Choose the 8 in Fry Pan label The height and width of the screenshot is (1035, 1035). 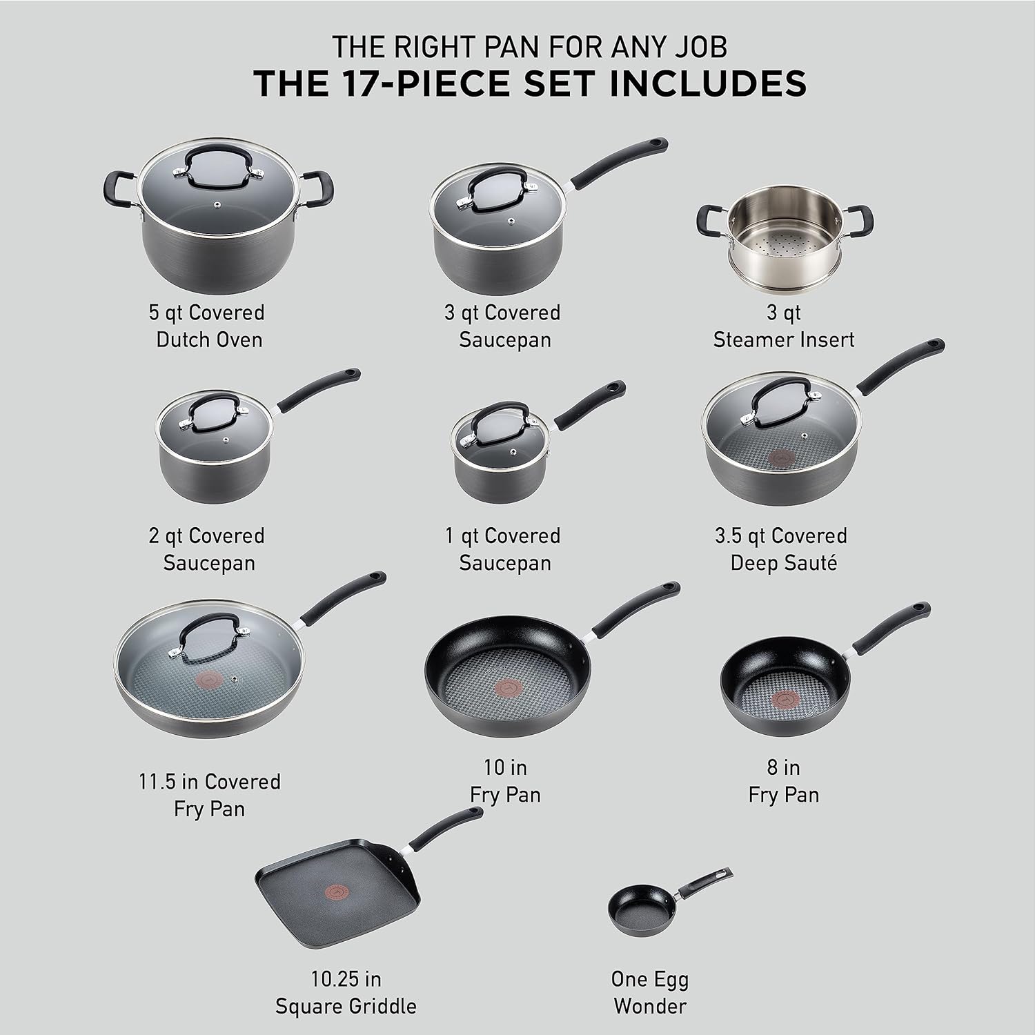coord(783,780)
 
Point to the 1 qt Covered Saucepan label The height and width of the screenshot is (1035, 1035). coord(505,549)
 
